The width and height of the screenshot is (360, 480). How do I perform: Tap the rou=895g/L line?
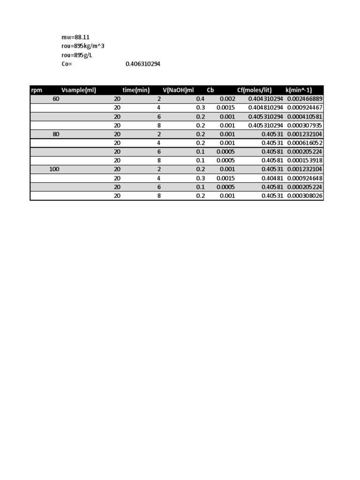click(x=77, y=55)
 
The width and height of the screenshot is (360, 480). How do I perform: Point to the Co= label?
click(x=67, y=64)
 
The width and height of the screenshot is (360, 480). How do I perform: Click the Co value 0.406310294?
click(x=143, y=64)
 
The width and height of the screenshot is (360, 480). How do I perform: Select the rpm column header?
click(x=37, y=90)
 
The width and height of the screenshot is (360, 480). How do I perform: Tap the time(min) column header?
click(x=136, y=90)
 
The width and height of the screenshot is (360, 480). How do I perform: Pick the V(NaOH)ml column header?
click(x=178, y=90)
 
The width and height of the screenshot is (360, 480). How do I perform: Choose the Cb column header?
click(x=210, y=90)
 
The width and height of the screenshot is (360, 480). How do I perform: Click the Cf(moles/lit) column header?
click(x=255, y=90)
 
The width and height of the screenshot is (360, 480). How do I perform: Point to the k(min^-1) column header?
click(x=299, y=90)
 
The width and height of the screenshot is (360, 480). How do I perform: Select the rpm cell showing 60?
click(x=56, y=99)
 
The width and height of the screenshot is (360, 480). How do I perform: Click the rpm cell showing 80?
click(x=56, y=134)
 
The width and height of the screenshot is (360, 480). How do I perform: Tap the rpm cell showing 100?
click(x=54, y=169)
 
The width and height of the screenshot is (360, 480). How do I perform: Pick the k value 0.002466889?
click(x=305, y=99)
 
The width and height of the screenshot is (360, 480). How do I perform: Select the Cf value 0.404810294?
click(x=266, y=108)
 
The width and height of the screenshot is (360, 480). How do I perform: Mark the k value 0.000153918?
click(x=305, y=160)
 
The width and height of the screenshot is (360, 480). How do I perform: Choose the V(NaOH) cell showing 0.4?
click(x=201, y=99)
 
